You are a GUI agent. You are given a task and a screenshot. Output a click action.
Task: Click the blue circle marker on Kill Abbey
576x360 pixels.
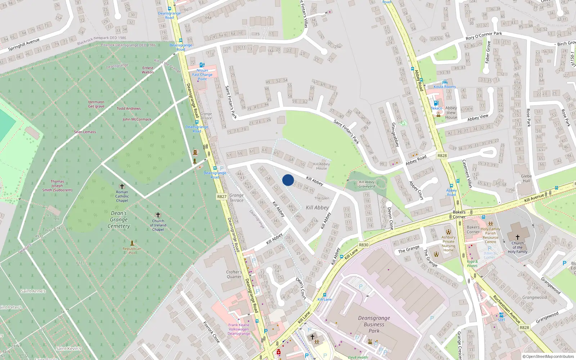[288, 180]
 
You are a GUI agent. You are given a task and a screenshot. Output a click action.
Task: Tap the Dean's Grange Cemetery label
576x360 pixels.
[119, 220]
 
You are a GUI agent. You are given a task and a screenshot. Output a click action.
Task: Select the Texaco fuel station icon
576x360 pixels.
[436, 103]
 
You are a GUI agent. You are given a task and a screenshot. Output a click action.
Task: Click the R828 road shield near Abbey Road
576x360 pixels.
[442, 156]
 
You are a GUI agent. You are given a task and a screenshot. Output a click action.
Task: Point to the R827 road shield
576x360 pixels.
[222, 197]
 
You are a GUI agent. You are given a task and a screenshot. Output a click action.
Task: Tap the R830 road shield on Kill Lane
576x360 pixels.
[364, 245]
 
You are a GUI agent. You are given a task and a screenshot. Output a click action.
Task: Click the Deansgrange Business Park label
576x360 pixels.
[374, 324]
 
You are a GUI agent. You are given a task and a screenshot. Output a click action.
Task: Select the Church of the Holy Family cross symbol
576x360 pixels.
[518, 237]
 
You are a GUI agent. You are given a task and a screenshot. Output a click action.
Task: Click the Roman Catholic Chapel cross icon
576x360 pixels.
[122, 186]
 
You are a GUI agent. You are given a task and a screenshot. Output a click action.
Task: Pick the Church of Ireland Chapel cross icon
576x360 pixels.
[158, 215]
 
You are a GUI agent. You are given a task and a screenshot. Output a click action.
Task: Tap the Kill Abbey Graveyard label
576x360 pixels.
[367, 184]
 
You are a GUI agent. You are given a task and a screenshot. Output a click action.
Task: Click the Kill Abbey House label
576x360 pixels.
[321, 166]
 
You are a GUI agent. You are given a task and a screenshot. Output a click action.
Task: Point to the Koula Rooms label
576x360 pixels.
[445, 87]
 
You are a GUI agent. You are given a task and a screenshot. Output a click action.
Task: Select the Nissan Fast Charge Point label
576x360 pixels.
[202, 75]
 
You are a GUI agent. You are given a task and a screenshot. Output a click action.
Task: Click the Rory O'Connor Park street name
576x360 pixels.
[483, 36]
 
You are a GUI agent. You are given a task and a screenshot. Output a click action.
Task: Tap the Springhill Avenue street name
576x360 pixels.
[24, 45]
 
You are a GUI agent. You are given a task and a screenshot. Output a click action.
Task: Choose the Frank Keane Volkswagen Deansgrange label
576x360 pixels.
[239, 329]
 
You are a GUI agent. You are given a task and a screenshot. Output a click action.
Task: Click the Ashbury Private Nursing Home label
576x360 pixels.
[449, 244]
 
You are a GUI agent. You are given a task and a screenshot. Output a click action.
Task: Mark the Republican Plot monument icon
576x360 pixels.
[132, 243]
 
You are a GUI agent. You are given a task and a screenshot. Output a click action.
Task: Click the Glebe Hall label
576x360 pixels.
[526, 179]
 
